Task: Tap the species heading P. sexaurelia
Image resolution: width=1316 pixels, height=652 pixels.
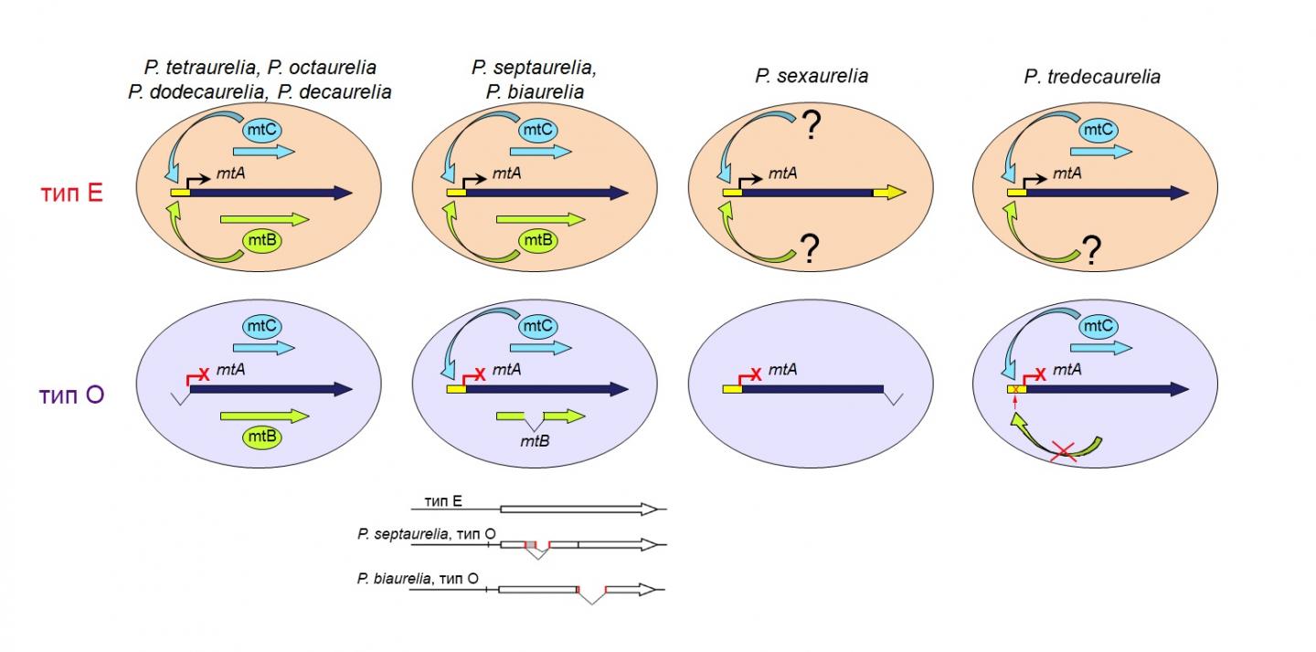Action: (x=811, y=77)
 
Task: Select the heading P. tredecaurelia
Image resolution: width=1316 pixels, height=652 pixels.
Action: (x=1091, y=78)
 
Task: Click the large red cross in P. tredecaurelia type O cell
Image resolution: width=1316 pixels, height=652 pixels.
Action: (x=1063, y=450)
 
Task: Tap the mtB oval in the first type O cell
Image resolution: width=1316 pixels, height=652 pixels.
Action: (x=261, y=437)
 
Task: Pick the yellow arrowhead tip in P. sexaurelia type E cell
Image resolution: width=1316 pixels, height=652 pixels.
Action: (x=900, y=193)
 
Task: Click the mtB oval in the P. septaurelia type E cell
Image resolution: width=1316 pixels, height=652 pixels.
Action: (x=537, y=240)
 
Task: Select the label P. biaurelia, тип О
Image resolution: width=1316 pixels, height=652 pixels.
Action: (x=418, y=578)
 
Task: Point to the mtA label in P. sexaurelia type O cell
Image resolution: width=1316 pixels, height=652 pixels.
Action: (x=782, y=370)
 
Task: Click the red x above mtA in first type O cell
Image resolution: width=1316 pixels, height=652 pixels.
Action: (x=204, y=374)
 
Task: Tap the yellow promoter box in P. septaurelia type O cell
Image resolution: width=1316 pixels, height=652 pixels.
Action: (x=456, y=390)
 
